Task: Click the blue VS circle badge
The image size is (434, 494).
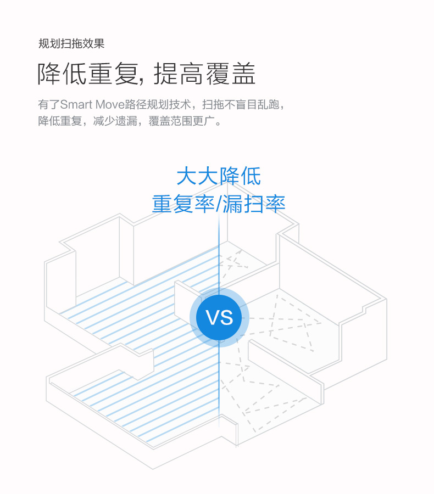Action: coord(219,318)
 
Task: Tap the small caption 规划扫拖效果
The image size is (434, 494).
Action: coord(71,43)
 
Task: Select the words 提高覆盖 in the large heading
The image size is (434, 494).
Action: coord(205,74)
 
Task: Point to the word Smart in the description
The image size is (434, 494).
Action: coord(79,104)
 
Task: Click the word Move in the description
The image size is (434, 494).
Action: coord(113,104)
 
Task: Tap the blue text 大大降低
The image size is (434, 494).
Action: coord(219,177)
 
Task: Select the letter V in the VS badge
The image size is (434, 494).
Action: coord(212,318)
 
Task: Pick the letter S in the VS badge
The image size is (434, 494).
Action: coord(226,318)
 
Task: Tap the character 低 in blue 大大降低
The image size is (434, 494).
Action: coord(250,177)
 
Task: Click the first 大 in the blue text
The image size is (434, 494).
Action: coord(187,177)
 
